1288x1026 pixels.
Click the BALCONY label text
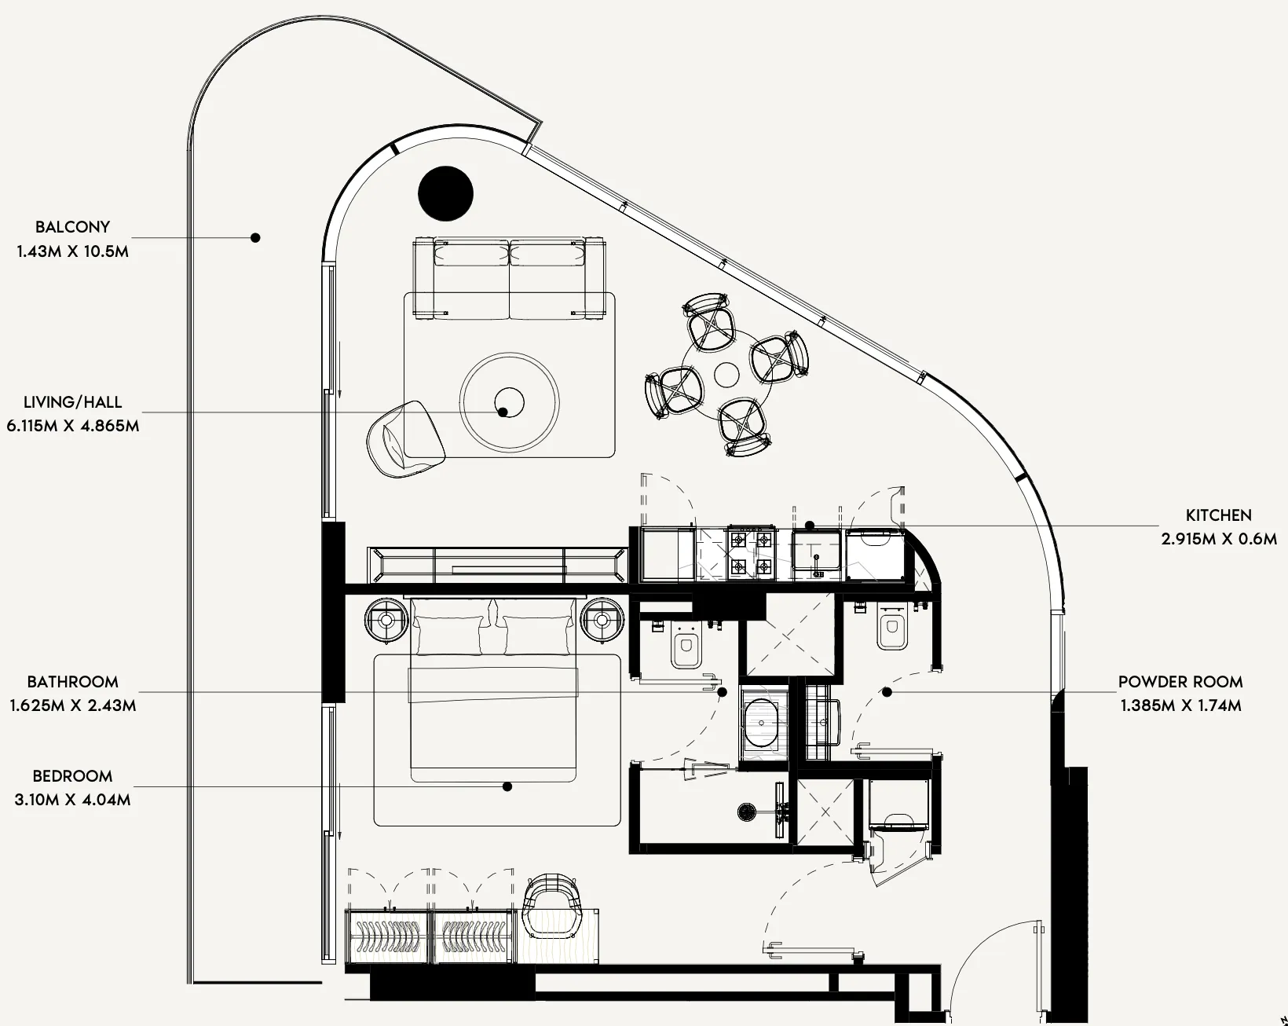pyautogui.click(x=72, y=228)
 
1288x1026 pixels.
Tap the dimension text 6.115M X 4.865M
pyautogui.click(x=73, y=426)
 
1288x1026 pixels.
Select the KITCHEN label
pyautogui.click(x=1219, y=515)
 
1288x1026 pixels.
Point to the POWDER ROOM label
pyautogui.click(x=1181, y=682)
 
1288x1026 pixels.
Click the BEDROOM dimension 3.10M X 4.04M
pyautogui.click(x=72, y=800)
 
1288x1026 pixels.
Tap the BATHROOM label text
pyautogui.click(x=72, y=682)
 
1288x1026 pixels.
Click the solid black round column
pyautogui.click(x=446, y=193)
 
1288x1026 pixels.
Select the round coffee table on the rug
pyautogui.click(x=510, y=402)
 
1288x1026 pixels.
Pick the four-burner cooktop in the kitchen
pyautogui.click(x=751, y=553)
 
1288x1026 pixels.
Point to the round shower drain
pyautogui.click(x=747, y=812)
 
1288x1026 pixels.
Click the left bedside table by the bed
pyautogui.click(x=386, y=620)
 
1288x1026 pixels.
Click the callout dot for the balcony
pyautogui.click(x=255, y=237)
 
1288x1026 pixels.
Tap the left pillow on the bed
pyautogui.click(x=449, y=635)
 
